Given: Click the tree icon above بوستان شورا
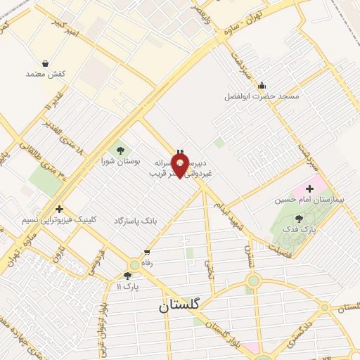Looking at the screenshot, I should pyautogui.click(x=121, y=149).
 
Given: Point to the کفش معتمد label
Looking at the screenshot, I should pyautogui.click(x=46, y=73).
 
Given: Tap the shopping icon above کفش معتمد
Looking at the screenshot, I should pyautogui.click(x=46, y=61).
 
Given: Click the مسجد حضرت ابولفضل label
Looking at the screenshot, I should pyautogui.click(x=262, y=95).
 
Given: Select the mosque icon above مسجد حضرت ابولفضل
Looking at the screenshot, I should pyautogui.click(x=262, y=84).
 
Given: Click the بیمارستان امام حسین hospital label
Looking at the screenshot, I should pyautogui.click(x=310, y=200).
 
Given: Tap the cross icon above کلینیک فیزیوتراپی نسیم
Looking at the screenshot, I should pyautogui.click(x=59, y=209).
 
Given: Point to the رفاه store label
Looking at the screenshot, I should pyautogui.click(x=147, y=264).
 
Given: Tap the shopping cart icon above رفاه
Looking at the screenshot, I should pyautogui.click(x=147, y=253).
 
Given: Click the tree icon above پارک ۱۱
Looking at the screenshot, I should pyautogui.click(x=127, y=276).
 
